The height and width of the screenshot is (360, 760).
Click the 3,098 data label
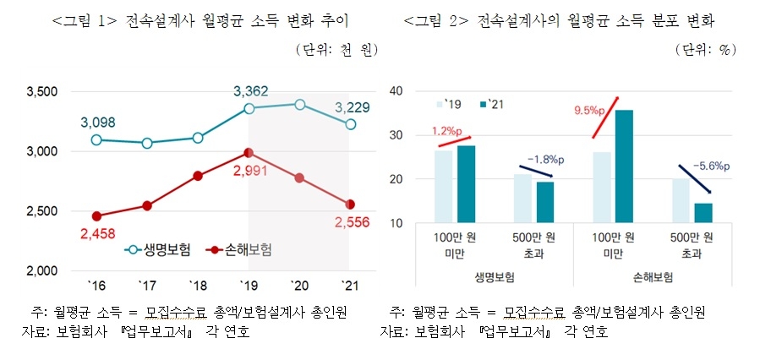point(97,123)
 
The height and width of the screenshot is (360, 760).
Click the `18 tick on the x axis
point(197,285)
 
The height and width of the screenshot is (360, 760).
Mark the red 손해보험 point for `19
point(249,153)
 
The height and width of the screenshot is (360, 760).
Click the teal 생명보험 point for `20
point(299,104)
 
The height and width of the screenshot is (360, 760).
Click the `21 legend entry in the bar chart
point(492,104)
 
